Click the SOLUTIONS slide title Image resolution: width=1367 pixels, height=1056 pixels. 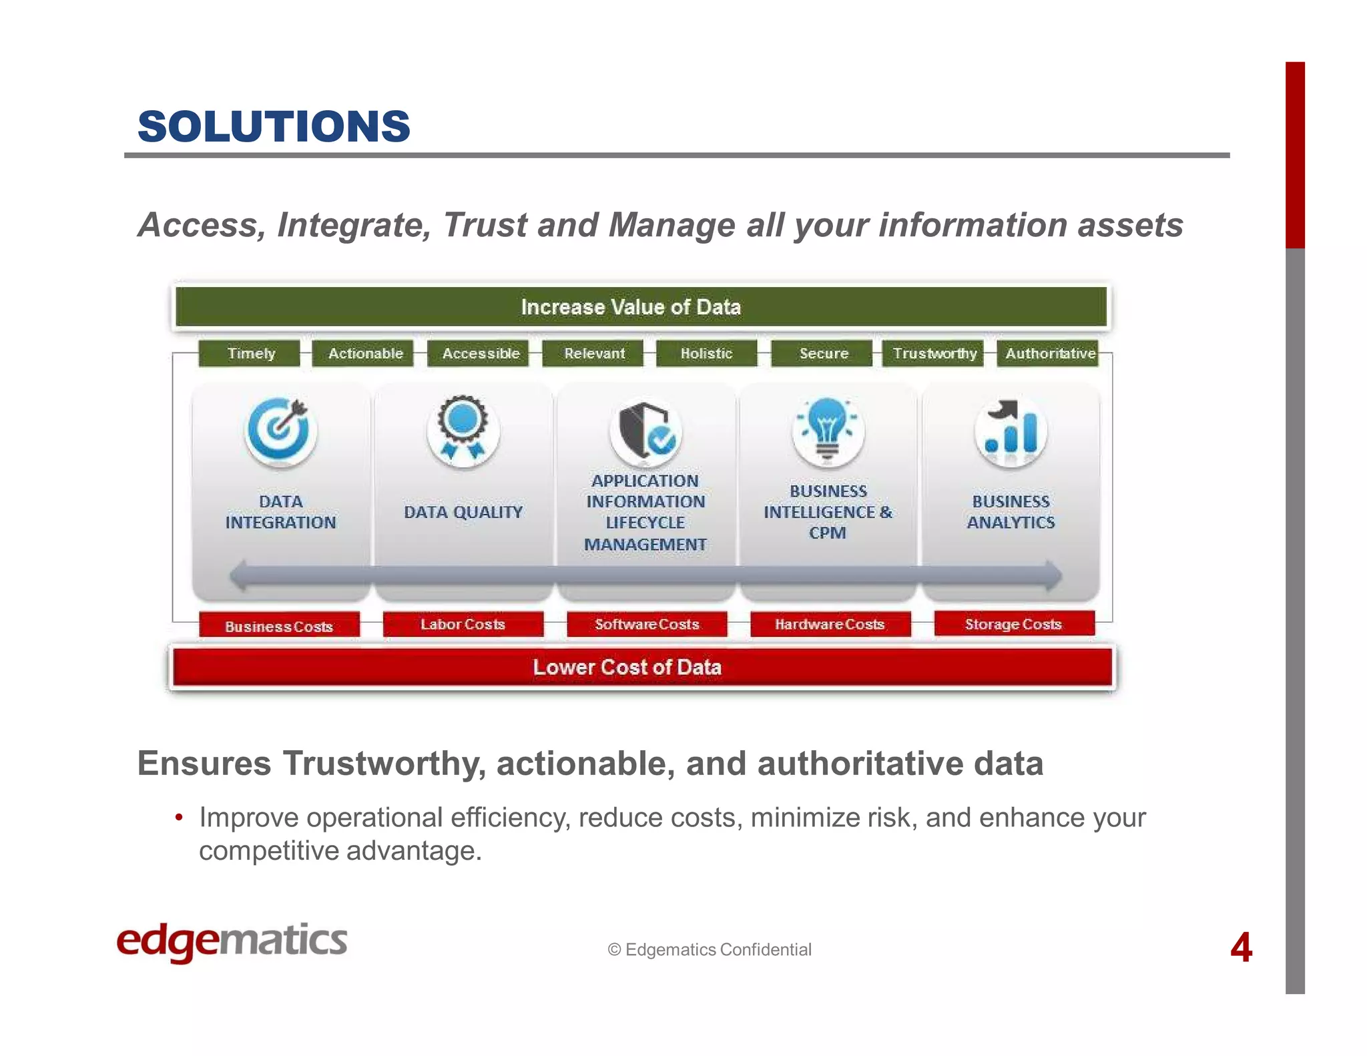coord(274,126)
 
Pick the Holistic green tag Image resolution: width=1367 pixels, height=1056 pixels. coord(707,353)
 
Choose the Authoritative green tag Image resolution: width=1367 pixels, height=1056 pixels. coord(1050,353)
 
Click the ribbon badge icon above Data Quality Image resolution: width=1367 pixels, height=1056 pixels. coord(463,429)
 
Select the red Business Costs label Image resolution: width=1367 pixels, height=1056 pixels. coord(279,626)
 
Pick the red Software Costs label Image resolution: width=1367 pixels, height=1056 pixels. coord(646,624)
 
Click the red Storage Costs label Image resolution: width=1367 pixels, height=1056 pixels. coord(1013,624)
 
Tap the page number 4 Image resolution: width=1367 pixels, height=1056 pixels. coord(1241,947)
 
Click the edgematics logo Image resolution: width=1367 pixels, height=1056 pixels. coord(232,941)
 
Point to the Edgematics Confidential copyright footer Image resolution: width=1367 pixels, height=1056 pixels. coord(709,949)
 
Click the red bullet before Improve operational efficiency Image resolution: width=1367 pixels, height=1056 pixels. coord(178,818)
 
